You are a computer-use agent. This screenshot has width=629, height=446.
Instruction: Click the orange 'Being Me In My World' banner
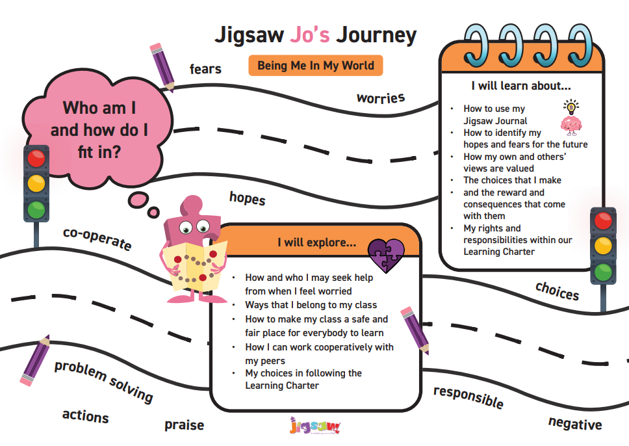pos(316,66)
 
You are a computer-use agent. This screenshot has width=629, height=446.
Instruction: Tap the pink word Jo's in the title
pos(310,34)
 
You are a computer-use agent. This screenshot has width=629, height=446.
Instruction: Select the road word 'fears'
pos(205,69)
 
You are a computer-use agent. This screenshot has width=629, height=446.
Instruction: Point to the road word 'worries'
pos(381,98)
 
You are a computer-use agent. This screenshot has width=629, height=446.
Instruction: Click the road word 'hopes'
pos(247,198)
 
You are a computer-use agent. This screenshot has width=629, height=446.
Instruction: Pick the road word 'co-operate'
pos(97,239)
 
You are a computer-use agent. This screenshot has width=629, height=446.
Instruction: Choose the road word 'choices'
pos(557,291)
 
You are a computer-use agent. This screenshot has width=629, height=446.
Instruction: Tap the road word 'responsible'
pos(468,397)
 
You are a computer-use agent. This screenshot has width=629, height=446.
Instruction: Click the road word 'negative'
pos(575,423)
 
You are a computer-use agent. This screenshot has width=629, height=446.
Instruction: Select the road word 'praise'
pos(184,425)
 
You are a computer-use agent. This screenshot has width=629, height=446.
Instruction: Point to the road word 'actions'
pos(85,416)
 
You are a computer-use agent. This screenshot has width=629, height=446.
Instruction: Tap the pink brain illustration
pos(571,125)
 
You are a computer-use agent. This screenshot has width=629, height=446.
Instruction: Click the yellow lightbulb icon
pos(571,107)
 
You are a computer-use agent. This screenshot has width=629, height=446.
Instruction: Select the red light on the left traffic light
pos(36,158)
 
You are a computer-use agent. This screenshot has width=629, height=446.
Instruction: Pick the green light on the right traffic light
pos(603,272)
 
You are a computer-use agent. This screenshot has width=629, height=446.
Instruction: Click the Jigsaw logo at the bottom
pos(314,426)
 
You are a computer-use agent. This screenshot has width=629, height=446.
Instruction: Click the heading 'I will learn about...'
pos(520,86)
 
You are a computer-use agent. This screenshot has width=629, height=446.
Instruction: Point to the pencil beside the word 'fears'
pos(162,67)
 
